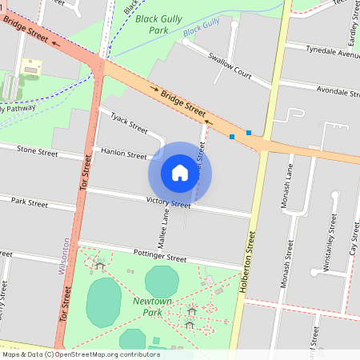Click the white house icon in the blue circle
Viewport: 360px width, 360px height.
coord(180,173)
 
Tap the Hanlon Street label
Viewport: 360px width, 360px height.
coord(124,154)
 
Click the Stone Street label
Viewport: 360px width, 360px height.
coord(38,150)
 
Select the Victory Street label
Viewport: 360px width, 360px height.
coord(168,203)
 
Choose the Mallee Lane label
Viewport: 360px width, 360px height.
coord(166,226)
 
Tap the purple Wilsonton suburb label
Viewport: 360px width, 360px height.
coord(65,256)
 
